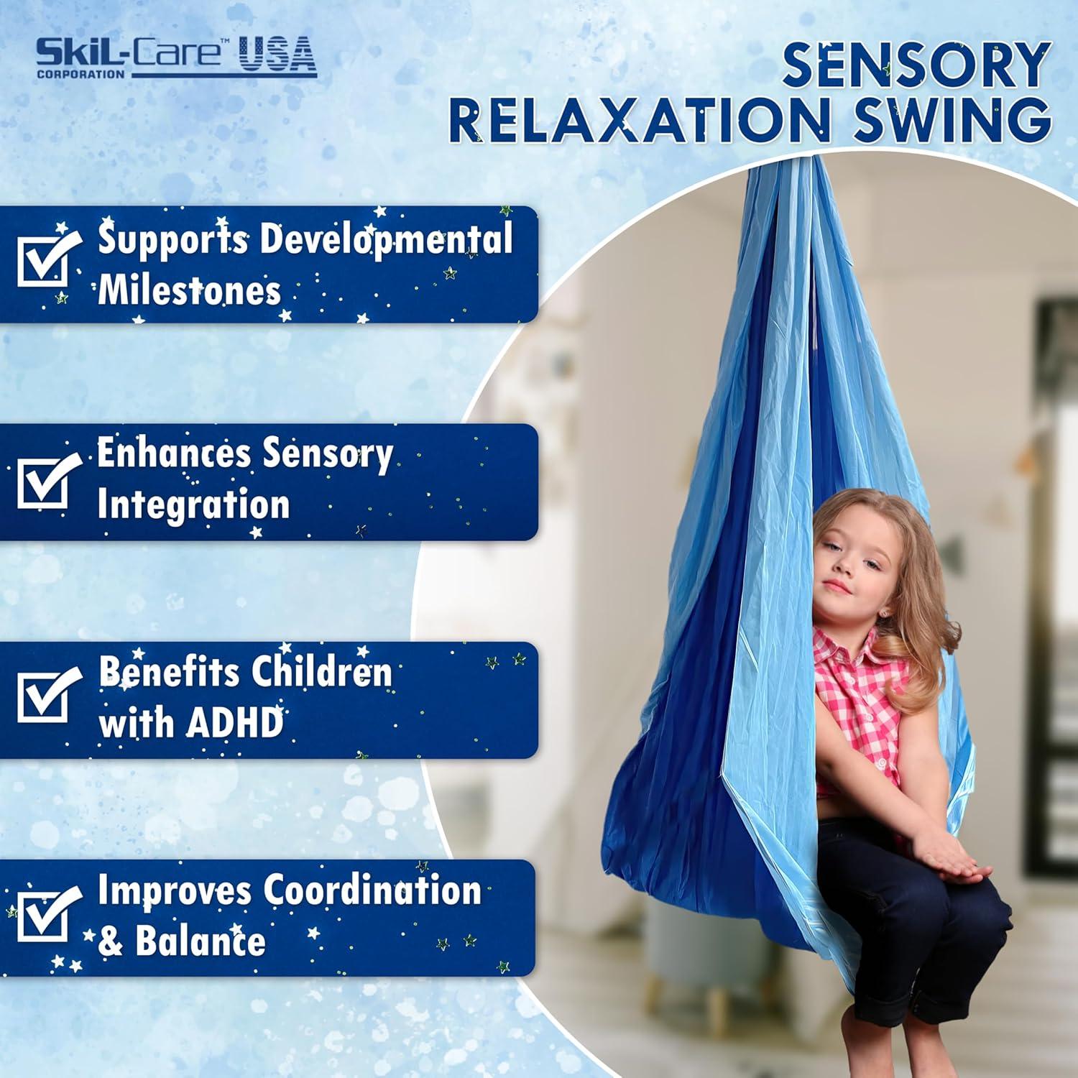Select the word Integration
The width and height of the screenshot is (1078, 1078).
[193, 505]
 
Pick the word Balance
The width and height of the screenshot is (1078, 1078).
[201, 941]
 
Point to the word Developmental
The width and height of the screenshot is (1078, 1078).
[386, 240]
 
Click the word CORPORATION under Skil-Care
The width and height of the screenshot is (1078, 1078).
[80, 73]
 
